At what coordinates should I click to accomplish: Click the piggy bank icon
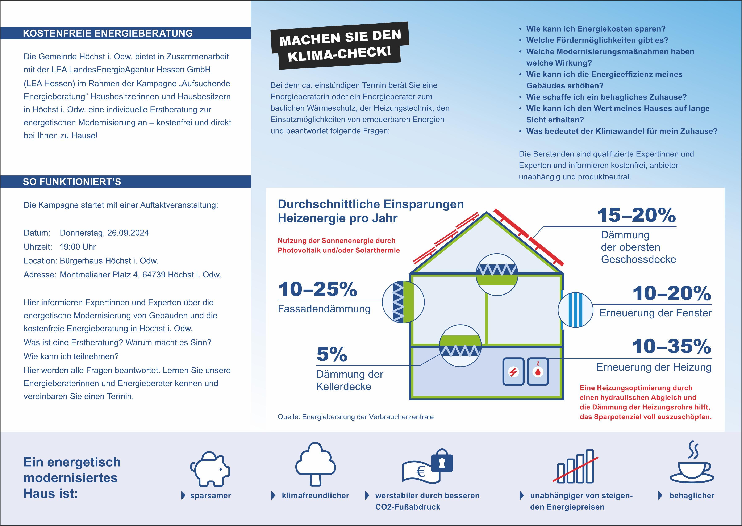coord(210,469)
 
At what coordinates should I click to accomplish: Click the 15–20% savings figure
coord(636,215)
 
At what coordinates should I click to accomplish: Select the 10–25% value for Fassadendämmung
coord(317,289)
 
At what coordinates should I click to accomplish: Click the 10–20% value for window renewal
coord(671,293)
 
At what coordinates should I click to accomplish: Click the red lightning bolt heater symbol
coord(513,372)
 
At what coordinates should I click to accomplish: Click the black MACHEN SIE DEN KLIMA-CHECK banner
coord(340,45)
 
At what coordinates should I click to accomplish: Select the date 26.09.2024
coord(128,233)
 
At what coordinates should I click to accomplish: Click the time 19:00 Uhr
coord(78,247)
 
